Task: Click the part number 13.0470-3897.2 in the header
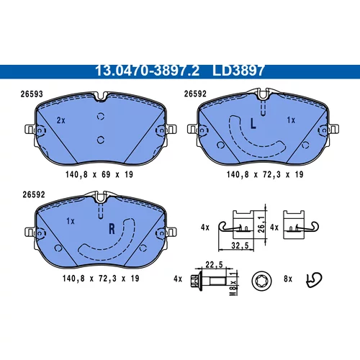(x=147, y=71)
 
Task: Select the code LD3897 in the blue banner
(x=238, y=71)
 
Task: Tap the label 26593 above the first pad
(x=32, y=94)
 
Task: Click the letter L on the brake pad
(x=253, y=124)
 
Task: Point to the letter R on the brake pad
(x=112, y=229)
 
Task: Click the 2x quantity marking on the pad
(x=61, y=120)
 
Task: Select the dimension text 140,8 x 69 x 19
(x=99, y=174)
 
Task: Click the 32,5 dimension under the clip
(x=240, y=246)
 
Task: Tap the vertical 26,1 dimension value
(x=261, y=224)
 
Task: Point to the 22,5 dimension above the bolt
(x=214, y=264)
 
